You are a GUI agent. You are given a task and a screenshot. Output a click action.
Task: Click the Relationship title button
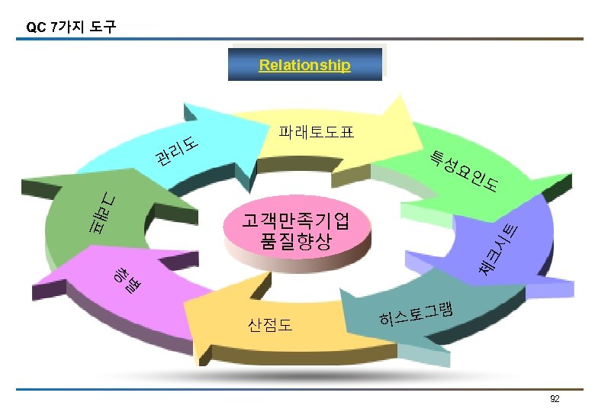tap(305, 65)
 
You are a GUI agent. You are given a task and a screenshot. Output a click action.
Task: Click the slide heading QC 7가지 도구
tap(71, 27)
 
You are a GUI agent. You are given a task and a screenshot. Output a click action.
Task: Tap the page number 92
tap(555, 399)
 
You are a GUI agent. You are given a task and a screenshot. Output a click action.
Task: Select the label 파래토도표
tap(317, 132)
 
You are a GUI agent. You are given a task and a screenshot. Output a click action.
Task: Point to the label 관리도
tap(176, 152)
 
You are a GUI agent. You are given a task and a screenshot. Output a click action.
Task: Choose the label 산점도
tap(270, 326)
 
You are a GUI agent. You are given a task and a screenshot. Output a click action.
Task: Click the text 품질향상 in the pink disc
tap(295, 243)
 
